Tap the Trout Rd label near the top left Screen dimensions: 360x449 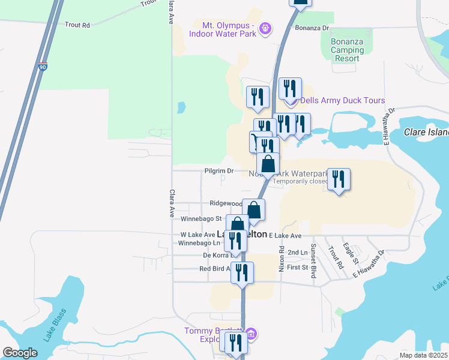[x=77, y=25]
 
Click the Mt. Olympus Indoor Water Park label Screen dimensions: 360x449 [x=223, y=29]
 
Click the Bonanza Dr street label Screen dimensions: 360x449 [x=312, y=28]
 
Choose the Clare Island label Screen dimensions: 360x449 [x=426, y=132]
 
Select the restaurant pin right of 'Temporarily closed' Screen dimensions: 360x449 [x=339, y=179]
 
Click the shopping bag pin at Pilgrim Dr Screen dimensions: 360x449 [x=268, y=163]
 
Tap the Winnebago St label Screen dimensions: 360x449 [x=206, y=219]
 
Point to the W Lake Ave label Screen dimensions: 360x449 [x=197, y=235]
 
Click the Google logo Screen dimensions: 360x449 [x=20, y=353]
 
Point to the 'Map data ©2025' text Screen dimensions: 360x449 [x=423, y=355]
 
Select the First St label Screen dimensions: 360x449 [x=297, y=267]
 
